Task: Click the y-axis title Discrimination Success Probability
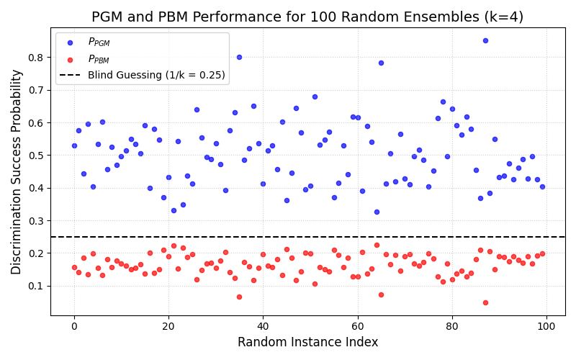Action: [x=17, y=171]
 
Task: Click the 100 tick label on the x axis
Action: [x=546, y=327]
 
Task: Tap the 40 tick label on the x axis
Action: [x=263, y=327]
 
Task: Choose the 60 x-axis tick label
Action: [x=358, y=327]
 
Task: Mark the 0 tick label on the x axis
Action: [x=74, y=327]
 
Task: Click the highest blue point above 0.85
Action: [x=485, y=40]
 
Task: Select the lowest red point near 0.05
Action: [x=485, y=302]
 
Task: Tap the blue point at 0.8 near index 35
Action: [x=239, y=57]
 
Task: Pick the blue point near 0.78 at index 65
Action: [x=381, y=63]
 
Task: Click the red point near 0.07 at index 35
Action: [x=239, y=297]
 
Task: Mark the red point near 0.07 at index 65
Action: [x=381, y=294]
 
